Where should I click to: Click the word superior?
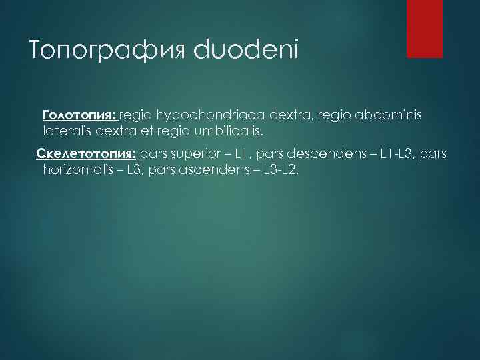point(194,155)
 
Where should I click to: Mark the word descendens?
point(329,155)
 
